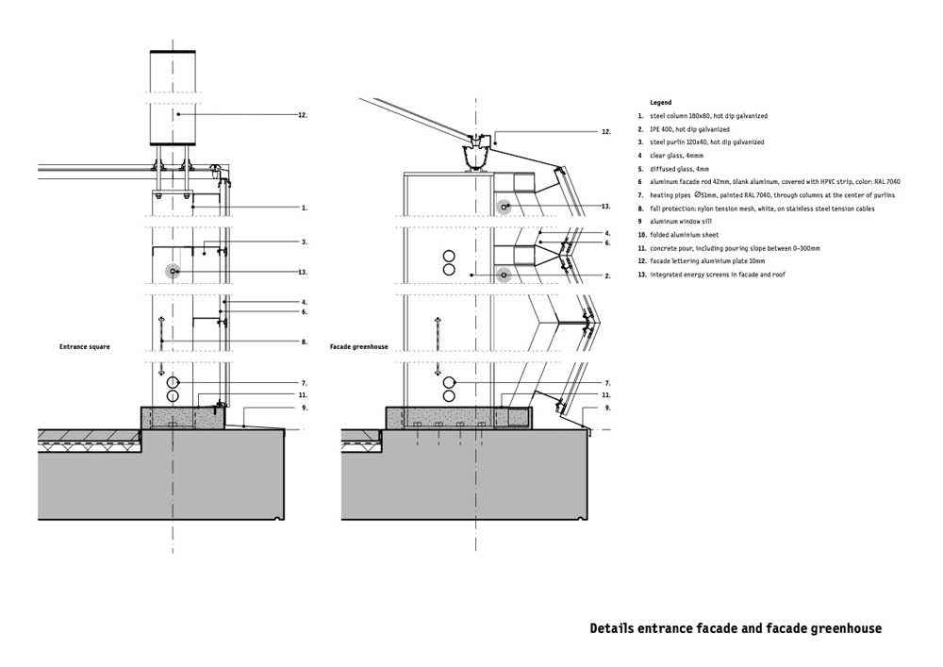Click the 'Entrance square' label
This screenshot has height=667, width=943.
pyautogui.click(x=85, y=347)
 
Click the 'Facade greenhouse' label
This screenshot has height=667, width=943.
pyautogui.click(x=359, y=347)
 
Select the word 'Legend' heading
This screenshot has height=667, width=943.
pyautogui.click(x=661, y=103)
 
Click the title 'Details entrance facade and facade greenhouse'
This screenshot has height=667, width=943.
pyautogui.click(x=736, y=629)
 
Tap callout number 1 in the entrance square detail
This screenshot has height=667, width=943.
pyautogui.click(x=305, y=208)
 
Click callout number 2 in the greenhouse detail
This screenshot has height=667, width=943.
pyautogui.click(x=607, y=276)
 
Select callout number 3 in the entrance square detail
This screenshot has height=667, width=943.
pyautogui.click(x=305, y=242)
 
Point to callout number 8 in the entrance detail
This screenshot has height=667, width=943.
pyautogui.click(x=305, y=342)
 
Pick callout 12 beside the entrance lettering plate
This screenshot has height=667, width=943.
pyautogui.click(x=303, y=115)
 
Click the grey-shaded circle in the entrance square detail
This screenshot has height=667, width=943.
pyautogui.click(x=174, y=272)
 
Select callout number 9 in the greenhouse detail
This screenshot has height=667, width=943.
pyautogui.click(x=607, y=408)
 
